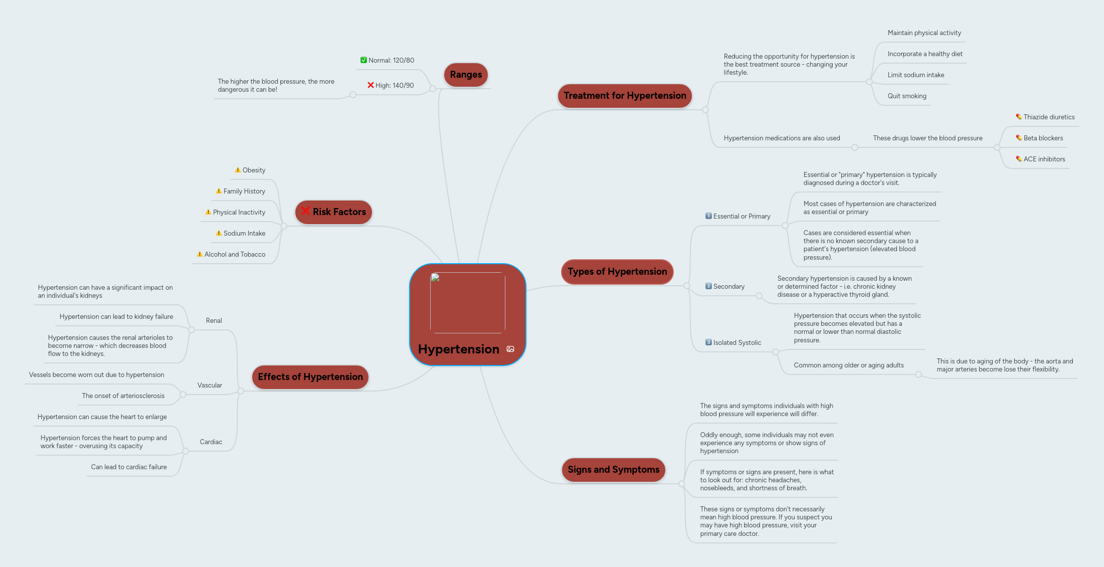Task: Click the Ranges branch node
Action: (465, 75)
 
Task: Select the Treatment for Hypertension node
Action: (624, 96)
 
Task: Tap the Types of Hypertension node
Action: (617, 272)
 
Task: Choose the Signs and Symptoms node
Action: (613, 470)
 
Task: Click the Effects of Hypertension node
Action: (310, 377)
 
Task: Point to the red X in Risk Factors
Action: (305, 211)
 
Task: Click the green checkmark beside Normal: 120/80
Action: (363, 60)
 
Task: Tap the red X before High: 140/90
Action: (371, 85)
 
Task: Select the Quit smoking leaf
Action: (906, 96)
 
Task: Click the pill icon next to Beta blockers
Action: (1019, 138)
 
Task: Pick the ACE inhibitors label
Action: (1044, 159)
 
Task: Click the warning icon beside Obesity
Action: (238, 170)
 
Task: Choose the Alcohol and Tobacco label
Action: (235, 255)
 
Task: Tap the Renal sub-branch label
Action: (214, 321)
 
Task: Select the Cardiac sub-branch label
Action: (211, 442)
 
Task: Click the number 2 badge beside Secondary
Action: (708, 286)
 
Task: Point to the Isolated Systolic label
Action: (737, 343)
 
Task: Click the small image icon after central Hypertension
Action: (510, 349)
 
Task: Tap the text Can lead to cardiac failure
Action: (129, 467)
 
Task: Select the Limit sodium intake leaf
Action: (915, 75)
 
